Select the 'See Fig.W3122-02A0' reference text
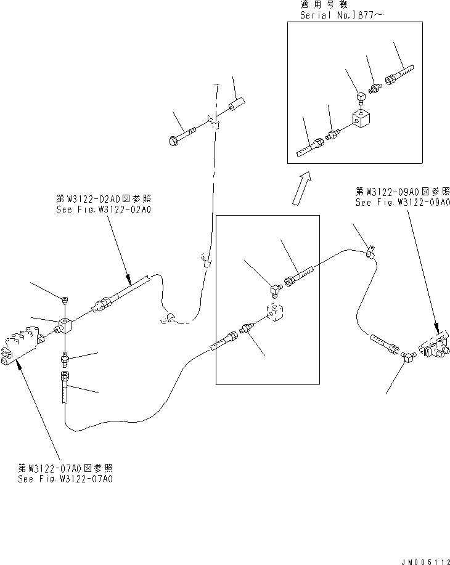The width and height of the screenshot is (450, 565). (x=102, y=209)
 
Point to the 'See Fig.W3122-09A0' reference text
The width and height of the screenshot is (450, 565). (x=403, y=201)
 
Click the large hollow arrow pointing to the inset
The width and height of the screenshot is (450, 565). (x=301, y=187)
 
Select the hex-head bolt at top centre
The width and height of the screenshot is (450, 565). (x=182, y=135)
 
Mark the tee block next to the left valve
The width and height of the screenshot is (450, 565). (x=65, y=324)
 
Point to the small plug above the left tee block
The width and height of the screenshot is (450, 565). (x=65, y=299)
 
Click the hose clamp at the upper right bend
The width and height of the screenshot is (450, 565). (x=370, y=251)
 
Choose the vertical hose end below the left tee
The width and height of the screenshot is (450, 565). (x=65, y=388)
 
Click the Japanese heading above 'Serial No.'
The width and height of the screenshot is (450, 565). (x=319, y=4)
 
